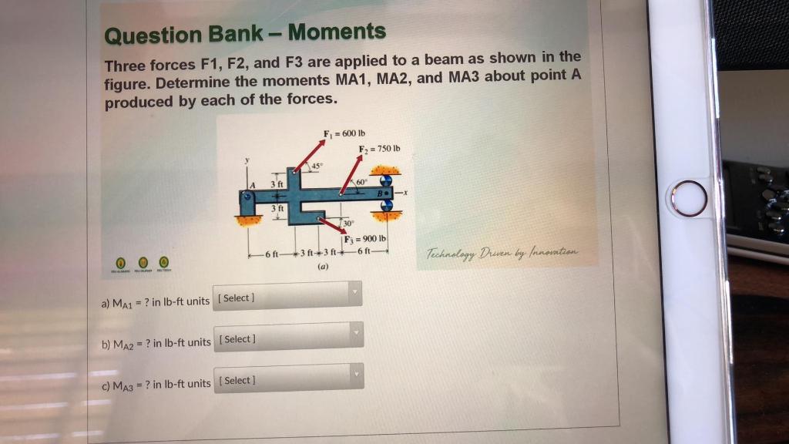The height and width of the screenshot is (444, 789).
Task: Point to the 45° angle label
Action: [314, 166]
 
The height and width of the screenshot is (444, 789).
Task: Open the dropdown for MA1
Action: [288, 296]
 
